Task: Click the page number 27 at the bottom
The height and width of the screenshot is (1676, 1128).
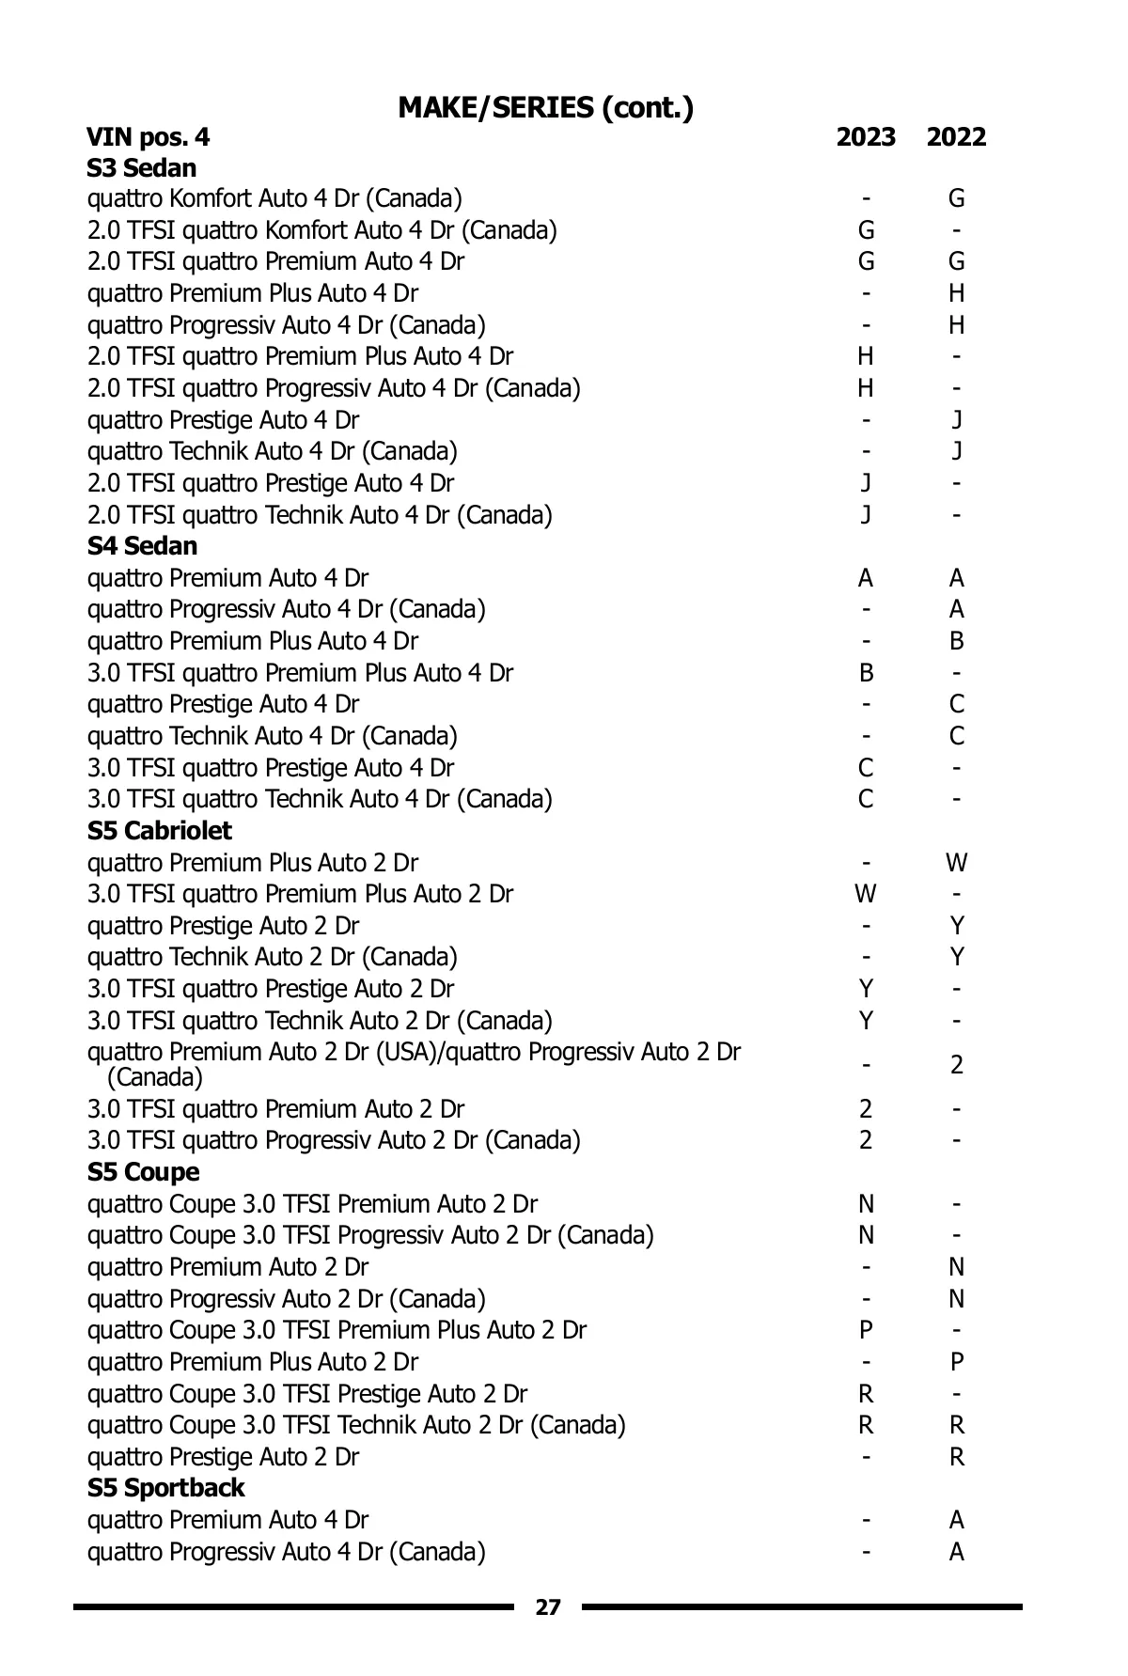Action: pyautogui.click(x=547, y=1606)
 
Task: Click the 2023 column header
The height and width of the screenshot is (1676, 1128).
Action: pyautogui.click(x=866, y=137)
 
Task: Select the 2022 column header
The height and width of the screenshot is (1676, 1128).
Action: pyautogui.click(x=956, y=137)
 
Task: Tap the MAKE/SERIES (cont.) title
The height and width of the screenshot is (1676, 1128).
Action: pyautogui.click(x=546, y=107)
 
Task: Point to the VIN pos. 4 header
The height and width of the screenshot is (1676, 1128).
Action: pyautogui.click(x=149, y=137)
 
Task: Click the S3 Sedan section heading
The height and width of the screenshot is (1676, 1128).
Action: pyautogui.click(x=142, y=168)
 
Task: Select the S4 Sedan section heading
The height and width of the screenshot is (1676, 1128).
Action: pyautogui.click(x=142, y=546)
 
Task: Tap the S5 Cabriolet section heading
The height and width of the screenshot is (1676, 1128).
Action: pyautogui.click(x=159, y=831)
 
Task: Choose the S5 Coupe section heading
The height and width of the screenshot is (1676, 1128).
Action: pyautogui.click(x=143, y=1172)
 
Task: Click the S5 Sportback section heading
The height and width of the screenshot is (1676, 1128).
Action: pyautogui.click(x=165, y=1488)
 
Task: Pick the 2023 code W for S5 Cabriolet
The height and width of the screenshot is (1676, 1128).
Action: pyautogui.click(x=866, y=894)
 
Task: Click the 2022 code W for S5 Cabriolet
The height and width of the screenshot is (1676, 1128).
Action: pyautogui.click(x=956, y=863)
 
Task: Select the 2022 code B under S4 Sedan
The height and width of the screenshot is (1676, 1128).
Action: pyautogui.click(x=956, y=641)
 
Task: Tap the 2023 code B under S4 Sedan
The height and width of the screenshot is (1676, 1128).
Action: pyautogui.click(x=866, y=673)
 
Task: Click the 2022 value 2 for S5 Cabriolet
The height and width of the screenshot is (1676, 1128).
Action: pyautogui.click(x=956, y=1065)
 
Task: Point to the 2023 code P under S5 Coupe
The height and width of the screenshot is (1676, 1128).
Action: pyautogui.click(x=866, y=1330)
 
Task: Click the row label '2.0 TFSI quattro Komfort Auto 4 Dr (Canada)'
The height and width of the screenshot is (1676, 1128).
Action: pyautogui.click(x=321, y=230)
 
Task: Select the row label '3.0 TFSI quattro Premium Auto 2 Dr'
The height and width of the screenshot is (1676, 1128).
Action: pyautogui.click(x=275, y=1109)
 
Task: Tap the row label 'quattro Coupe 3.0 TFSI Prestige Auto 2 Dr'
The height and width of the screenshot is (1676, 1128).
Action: pyautogui.click(x=307, y=1393)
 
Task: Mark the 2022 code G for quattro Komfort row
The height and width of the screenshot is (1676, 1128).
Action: pyautogui.click(x=956, y=198)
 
